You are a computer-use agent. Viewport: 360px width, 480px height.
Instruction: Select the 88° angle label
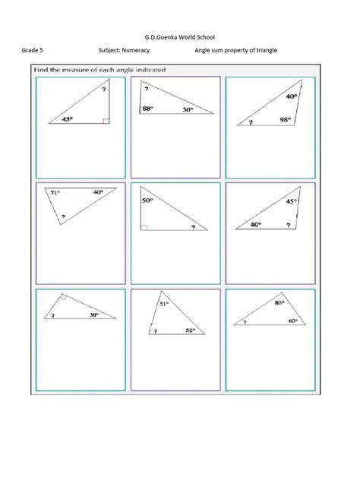click(x=148, y=109)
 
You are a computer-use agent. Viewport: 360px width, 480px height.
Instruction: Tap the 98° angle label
click(x=285, y=118)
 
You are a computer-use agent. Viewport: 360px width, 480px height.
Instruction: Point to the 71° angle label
click(x=55, y=194)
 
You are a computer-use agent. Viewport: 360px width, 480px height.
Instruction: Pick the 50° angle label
click(x=147, y=201)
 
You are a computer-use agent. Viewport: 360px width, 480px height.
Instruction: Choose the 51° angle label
click(x=163, y=304)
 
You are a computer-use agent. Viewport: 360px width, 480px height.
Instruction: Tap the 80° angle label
click(x=279, y=302)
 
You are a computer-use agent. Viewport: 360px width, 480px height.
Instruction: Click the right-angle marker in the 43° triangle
click(x=106, y=119)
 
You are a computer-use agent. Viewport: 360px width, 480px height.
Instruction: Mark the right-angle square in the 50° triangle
click(x=144, y=226)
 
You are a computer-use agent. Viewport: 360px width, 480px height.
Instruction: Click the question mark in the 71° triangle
click(x=63, y=217)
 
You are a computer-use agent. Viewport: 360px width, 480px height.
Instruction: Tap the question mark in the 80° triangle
click(x=245, y=322)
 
